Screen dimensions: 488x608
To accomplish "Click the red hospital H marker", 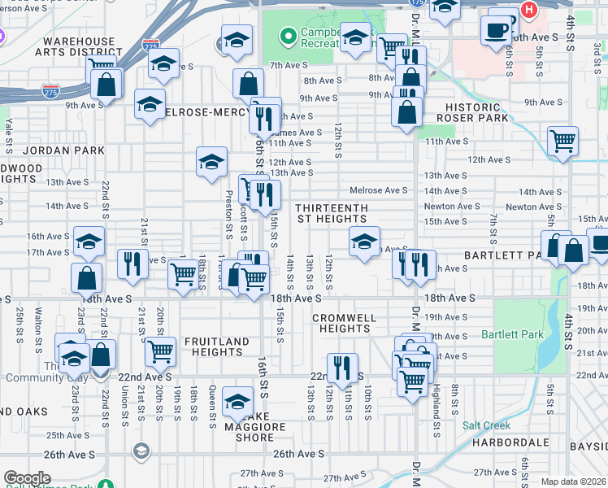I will (529, 10).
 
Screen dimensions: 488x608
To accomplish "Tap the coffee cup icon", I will (496, 31).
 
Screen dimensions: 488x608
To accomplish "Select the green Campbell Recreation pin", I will (286, 37).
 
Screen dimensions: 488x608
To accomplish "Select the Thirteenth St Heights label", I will (331, 214).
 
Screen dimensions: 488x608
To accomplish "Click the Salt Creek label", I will (486, 425).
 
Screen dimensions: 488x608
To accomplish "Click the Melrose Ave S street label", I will (379, 190).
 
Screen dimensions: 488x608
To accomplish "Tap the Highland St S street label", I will (436, 406).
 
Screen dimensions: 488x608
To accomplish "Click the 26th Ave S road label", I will (298, 454).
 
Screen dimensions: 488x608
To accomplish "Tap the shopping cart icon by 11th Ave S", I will (562, 141).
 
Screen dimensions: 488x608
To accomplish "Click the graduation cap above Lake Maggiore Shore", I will (238, 403).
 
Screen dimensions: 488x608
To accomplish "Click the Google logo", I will (27, 478).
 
